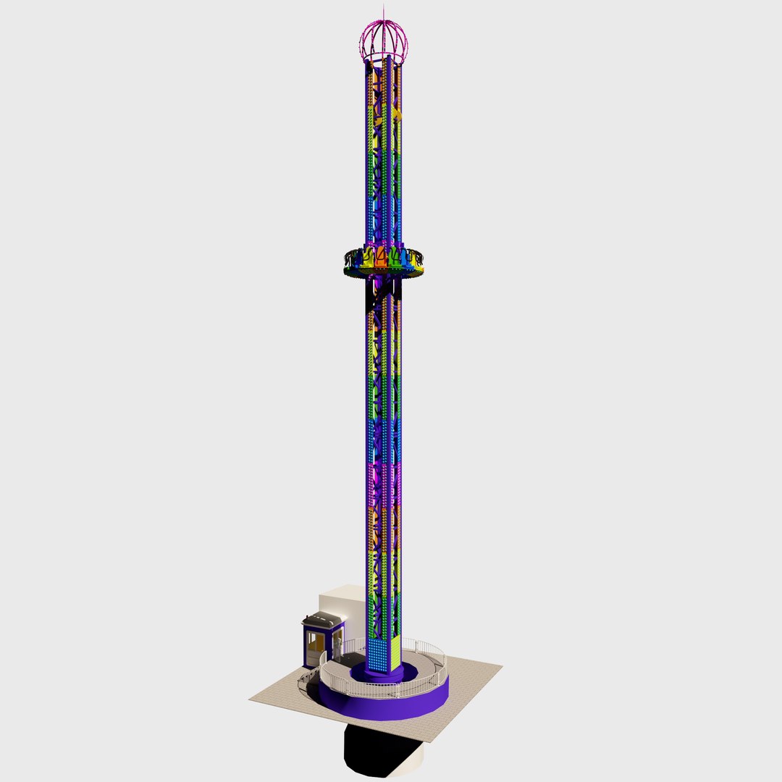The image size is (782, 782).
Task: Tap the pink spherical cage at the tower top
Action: pyautogui.click(x=384, y=42)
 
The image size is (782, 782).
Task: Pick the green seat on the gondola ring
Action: pyautogui.click(x=395, y=256)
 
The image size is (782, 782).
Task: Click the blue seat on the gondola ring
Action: pyautogui.click(x=405, y=258)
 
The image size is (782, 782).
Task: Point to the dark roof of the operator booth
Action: pyautogui.click(x=323, y=620)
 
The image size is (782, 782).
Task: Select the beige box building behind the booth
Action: pyautogui.click(x=343, y=601)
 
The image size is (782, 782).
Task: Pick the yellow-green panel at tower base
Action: pyautogui.click(x=395, y=652)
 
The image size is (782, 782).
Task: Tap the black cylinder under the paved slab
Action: pyautogui.click(x=377, y=753)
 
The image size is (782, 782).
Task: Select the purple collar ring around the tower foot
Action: pyautogui.click(x=384, y=676)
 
